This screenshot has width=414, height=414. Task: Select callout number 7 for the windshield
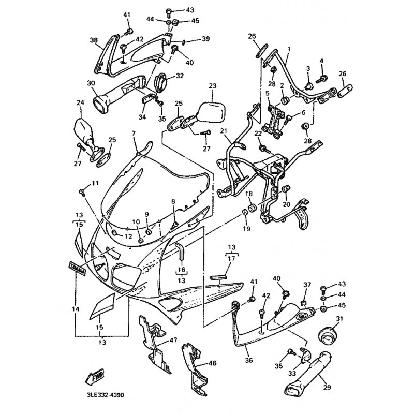134,133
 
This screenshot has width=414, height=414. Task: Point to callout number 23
213,86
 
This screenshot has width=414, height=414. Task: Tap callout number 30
91,83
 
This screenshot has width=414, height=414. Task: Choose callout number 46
213,363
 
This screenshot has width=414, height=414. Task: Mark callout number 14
76,309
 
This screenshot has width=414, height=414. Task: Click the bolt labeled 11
82,193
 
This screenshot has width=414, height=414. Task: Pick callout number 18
248,194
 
